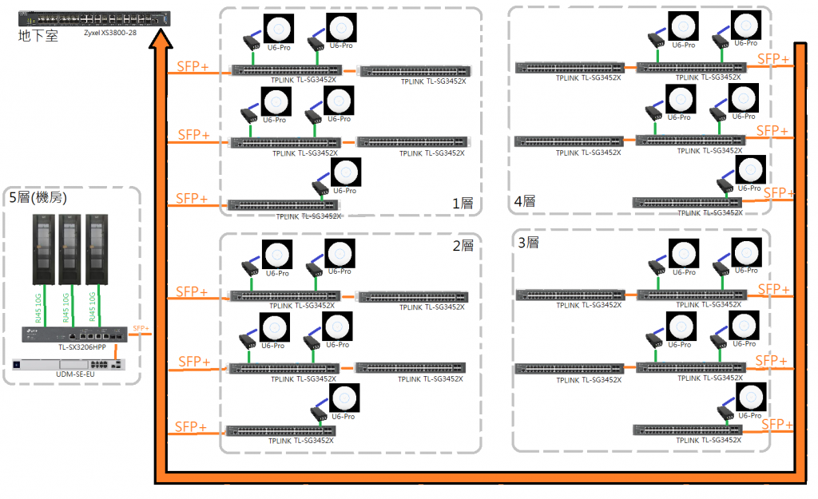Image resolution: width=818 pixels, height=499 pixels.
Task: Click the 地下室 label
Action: [38, 36]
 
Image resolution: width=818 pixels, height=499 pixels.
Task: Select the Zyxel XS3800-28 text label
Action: [116, 32]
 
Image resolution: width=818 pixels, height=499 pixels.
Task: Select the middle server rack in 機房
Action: [69, 248]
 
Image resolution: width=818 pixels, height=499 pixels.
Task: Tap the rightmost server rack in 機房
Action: [97, 248]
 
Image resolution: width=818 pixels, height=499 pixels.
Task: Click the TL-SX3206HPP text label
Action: [81, 347]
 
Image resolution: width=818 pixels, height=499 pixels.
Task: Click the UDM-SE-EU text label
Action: [76, 374]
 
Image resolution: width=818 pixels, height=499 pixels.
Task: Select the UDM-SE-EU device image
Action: [69, 364]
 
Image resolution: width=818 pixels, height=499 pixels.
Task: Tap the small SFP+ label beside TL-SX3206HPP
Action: [141, 328]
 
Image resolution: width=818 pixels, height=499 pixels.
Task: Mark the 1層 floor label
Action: [463, 204]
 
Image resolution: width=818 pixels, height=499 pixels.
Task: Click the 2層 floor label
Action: [463, 246]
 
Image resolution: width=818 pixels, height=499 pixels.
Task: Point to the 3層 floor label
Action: [528, 242]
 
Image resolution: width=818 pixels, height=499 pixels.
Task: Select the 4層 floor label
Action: [524, 202]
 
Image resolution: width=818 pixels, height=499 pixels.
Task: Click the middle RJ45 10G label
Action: [66, 307]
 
